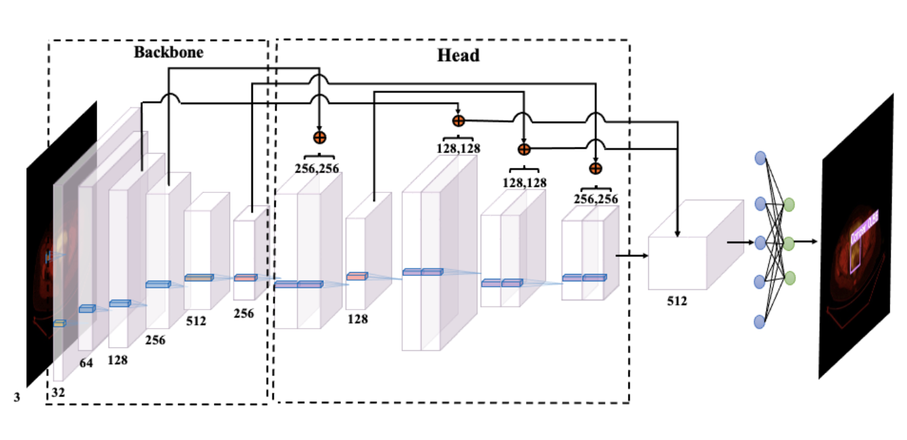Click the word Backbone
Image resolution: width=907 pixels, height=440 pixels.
coord(168,53)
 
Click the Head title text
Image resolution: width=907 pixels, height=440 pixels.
coord(459,55)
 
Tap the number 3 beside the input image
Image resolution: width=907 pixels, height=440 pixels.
coord(15,397)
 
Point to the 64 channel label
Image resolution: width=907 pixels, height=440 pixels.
coord(86,363)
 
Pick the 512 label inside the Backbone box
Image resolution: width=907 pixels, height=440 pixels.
coord(195,321)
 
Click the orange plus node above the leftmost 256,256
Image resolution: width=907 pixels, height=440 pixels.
coord(319,137)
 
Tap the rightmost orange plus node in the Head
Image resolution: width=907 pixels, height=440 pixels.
coord(595,168)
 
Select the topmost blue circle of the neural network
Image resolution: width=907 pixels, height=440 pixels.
coord(760,158)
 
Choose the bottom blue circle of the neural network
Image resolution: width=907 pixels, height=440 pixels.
coord(760,321)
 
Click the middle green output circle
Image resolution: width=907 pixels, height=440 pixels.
coord(788,244)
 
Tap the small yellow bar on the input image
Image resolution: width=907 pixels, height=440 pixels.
coord(59,323)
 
